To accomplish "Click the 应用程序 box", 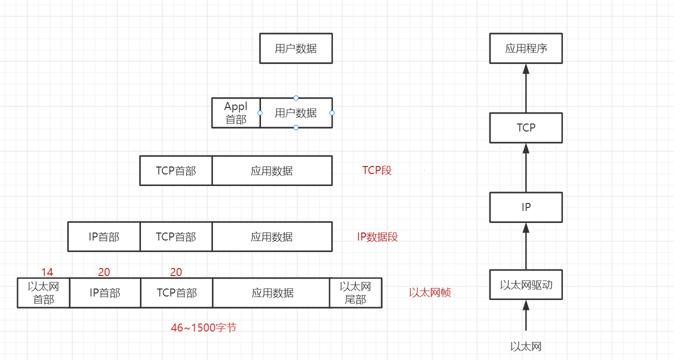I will point(526,48).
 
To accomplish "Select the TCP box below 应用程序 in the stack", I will point(526,127).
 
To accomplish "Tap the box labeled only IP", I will point(526,207).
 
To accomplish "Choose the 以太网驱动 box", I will point(526,284).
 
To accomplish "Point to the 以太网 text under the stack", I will point(526,346).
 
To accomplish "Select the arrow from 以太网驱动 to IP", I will point(526,246).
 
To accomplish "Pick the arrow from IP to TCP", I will point(526,167).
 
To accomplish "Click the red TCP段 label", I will point(377,170).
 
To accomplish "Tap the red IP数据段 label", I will point(377,237).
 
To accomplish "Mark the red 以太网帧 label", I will point(430,292).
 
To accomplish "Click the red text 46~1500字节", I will point(203,328).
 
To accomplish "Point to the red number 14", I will point(47,272).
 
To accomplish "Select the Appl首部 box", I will point(236,113).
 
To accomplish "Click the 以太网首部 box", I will point(43,293).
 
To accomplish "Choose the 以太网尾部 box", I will point(355,293).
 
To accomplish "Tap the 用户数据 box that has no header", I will point(296,48).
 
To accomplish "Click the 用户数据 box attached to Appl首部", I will point(296,113).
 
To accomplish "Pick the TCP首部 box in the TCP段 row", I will point(176,170).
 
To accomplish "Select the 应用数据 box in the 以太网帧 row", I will point(272,293).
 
